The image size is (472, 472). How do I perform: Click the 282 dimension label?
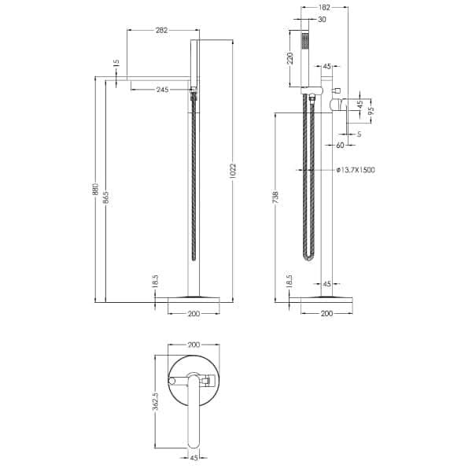click(161, 30)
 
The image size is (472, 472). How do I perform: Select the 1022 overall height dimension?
click(233, 171)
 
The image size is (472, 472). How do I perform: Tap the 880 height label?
click(95, 189)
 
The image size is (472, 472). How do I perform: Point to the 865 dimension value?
click(106, 197)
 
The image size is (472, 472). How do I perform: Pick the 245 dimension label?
click(163, 90)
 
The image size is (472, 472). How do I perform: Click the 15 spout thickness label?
click(116, 63)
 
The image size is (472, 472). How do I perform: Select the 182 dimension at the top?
click(324, 8)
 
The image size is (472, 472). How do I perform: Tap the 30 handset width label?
click(322, 19)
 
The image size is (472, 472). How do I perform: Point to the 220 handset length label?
click(289, 58)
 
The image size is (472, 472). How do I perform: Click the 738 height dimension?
click(276, 197)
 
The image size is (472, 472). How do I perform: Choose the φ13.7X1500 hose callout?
click(356, 170)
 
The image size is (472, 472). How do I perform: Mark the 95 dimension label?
click(372, 111)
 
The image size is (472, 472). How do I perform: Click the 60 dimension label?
click(340, 145)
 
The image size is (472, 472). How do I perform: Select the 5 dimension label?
click(359, 134)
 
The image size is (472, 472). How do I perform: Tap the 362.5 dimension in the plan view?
click(155, 401)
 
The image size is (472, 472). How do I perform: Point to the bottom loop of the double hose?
click(308, 256)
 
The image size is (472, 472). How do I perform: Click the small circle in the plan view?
click(171, 381)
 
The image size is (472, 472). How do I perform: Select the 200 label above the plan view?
click(194, 345)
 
